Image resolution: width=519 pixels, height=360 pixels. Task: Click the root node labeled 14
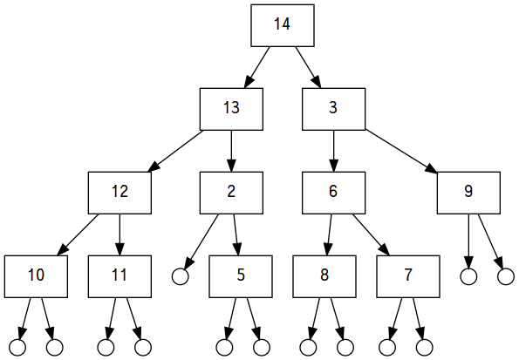[x=283, y=25]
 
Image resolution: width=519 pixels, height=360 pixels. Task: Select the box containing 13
[x=231, y=109]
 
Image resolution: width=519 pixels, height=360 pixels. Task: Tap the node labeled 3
[x=333, y=109]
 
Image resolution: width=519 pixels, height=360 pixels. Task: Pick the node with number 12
[x=120, y=193]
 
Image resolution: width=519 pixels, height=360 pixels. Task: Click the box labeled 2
[x=231, y=193]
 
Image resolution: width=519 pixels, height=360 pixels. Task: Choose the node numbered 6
[x=333, y=193]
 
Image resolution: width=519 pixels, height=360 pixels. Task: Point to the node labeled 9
[x=468, y=193]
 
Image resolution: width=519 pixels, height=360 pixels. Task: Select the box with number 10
[x=36, y=276]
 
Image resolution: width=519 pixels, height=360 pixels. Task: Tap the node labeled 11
[x=120, y=276]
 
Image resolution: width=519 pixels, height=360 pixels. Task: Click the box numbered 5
[x=241, y=276]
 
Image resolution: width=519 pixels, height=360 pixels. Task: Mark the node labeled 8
[x=324, y=276]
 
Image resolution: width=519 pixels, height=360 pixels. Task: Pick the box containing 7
[x=408, y=276]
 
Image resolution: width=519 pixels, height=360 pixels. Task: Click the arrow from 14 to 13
[x=256, y=67]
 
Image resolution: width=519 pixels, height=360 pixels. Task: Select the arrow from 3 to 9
[x=401, y=151]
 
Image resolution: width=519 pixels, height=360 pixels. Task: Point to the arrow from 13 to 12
[x=175, y=151]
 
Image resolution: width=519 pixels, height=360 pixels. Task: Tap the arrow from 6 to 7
[x=371, y=235]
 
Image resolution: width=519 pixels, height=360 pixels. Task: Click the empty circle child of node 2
[x=181, y=276]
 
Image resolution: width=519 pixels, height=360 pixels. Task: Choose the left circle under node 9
[x=468, y=276]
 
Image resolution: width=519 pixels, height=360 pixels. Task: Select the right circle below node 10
[x=55, y=348]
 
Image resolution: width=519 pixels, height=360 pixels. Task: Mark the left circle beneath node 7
[x=387, y=348]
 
